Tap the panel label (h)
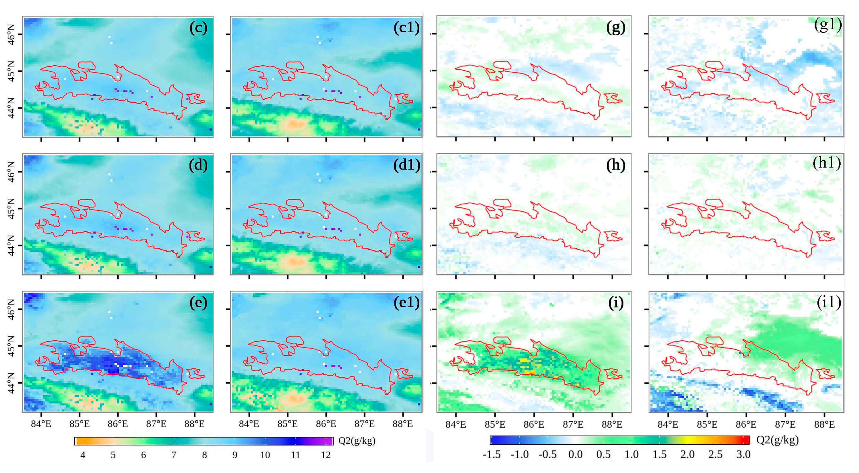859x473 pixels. point(615,165)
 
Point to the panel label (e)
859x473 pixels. point(198,302)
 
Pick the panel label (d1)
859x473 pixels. point(406,165)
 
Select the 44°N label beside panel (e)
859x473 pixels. point(11,383)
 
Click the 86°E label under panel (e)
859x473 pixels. point(118,424)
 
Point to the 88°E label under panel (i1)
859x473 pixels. point(824,424)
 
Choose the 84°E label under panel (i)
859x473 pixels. point(456,424)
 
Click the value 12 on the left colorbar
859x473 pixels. point(325,455)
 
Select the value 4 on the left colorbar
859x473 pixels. point(83,455)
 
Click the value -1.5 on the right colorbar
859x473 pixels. point(491,454)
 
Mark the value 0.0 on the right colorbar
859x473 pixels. point(576,454)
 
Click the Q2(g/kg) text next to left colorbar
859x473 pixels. point(357,441)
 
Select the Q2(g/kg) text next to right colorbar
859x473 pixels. point(778,440)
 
